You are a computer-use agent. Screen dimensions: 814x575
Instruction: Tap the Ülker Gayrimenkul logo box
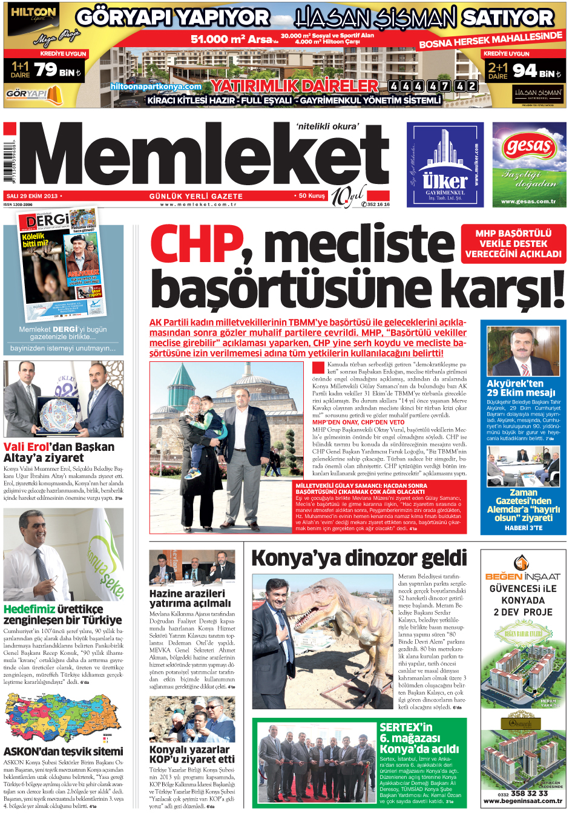pos(445,165)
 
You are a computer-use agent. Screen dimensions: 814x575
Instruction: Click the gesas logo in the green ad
pos(528,146)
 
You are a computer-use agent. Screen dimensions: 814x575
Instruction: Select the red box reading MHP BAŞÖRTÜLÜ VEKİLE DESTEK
pos(513,244)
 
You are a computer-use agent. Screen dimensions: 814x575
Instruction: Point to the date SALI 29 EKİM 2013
pos(31,196)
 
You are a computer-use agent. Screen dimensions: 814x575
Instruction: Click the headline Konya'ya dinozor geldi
pos(359,558)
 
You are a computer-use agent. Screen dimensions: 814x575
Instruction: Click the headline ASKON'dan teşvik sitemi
pos(63,751)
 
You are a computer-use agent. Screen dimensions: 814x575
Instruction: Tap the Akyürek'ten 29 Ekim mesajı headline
pos(521,388)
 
